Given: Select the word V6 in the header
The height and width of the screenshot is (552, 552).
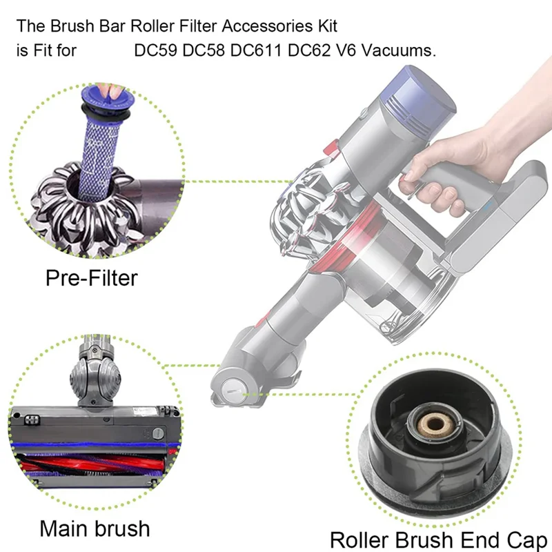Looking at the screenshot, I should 349,50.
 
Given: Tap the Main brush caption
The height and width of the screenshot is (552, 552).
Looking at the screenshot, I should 95,529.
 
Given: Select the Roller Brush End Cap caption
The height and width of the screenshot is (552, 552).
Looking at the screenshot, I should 438,539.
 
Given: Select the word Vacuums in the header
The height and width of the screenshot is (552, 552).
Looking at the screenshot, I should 404,50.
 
